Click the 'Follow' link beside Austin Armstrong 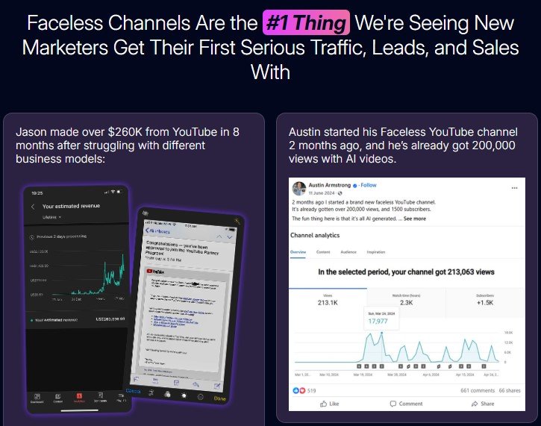[x=369, y=184]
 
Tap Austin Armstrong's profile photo [x=298, y=188]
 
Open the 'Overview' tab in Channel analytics [x=298, y=252]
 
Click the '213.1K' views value [x=328, y=303]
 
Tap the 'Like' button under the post [x=328, y=404]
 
